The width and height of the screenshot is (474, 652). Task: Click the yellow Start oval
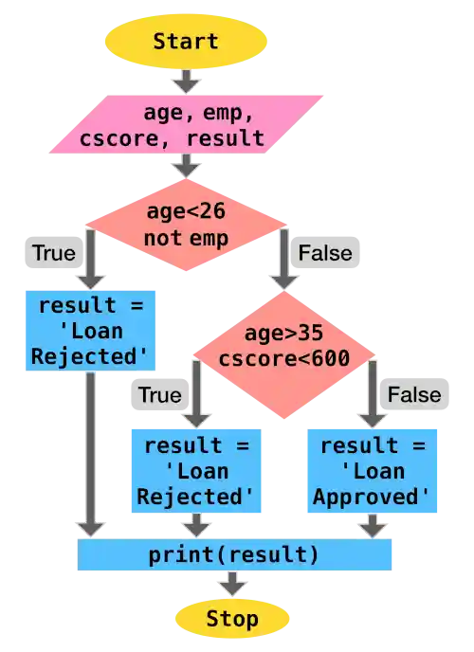(186, 41)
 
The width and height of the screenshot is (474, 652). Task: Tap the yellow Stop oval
(232, 619)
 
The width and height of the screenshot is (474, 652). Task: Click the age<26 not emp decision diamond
(187, 226)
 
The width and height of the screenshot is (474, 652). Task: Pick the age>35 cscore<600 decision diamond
(284, 346)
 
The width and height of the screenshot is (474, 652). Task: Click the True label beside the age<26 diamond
(53, 253)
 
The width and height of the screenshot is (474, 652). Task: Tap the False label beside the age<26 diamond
(325, 253)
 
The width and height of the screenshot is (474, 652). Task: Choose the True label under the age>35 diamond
(160, 393)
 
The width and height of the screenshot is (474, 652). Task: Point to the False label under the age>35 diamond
(414, 393)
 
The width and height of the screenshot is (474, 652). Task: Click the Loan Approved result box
(372, 471)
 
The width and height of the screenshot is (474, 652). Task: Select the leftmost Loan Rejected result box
(90, 330)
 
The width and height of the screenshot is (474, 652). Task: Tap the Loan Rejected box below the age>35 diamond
(195, 471)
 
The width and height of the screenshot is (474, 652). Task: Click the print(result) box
(234, 554)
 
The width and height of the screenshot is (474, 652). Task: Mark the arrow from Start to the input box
(186, 81)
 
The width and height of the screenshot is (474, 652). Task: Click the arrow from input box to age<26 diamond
(186, 166)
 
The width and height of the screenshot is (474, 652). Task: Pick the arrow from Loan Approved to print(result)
(372, 526)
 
